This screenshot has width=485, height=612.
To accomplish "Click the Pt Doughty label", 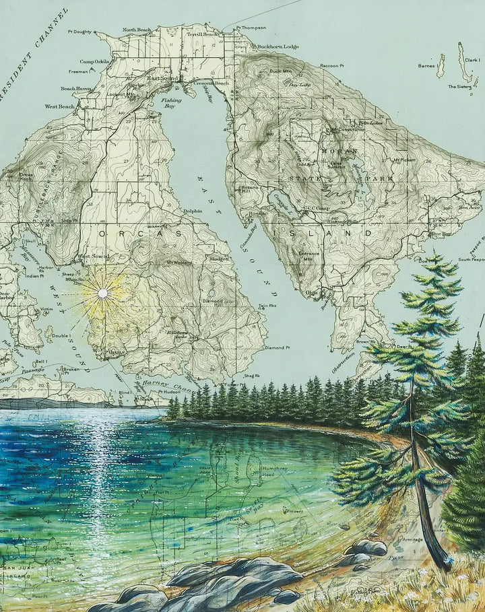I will [x=79, y=31].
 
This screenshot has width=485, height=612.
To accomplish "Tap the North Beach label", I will [x=137, y=30].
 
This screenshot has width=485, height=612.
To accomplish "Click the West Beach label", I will [x=59, y=106].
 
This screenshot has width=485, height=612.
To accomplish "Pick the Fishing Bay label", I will [x=172, y=102].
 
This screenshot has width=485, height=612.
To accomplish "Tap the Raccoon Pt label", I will [x=331, y=65].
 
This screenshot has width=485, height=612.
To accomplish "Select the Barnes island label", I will [x=426, y=66].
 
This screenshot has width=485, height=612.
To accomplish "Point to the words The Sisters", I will [x=460, y=86].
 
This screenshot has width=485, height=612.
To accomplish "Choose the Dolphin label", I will [x=193, y=211].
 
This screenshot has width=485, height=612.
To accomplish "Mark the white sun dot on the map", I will [x=102, y=293].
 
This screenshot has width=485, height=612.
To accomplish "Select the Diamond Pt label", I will [x=277, y=348].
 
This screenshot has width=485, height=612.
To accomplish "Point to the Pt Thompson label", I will [x=251, y=28].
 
